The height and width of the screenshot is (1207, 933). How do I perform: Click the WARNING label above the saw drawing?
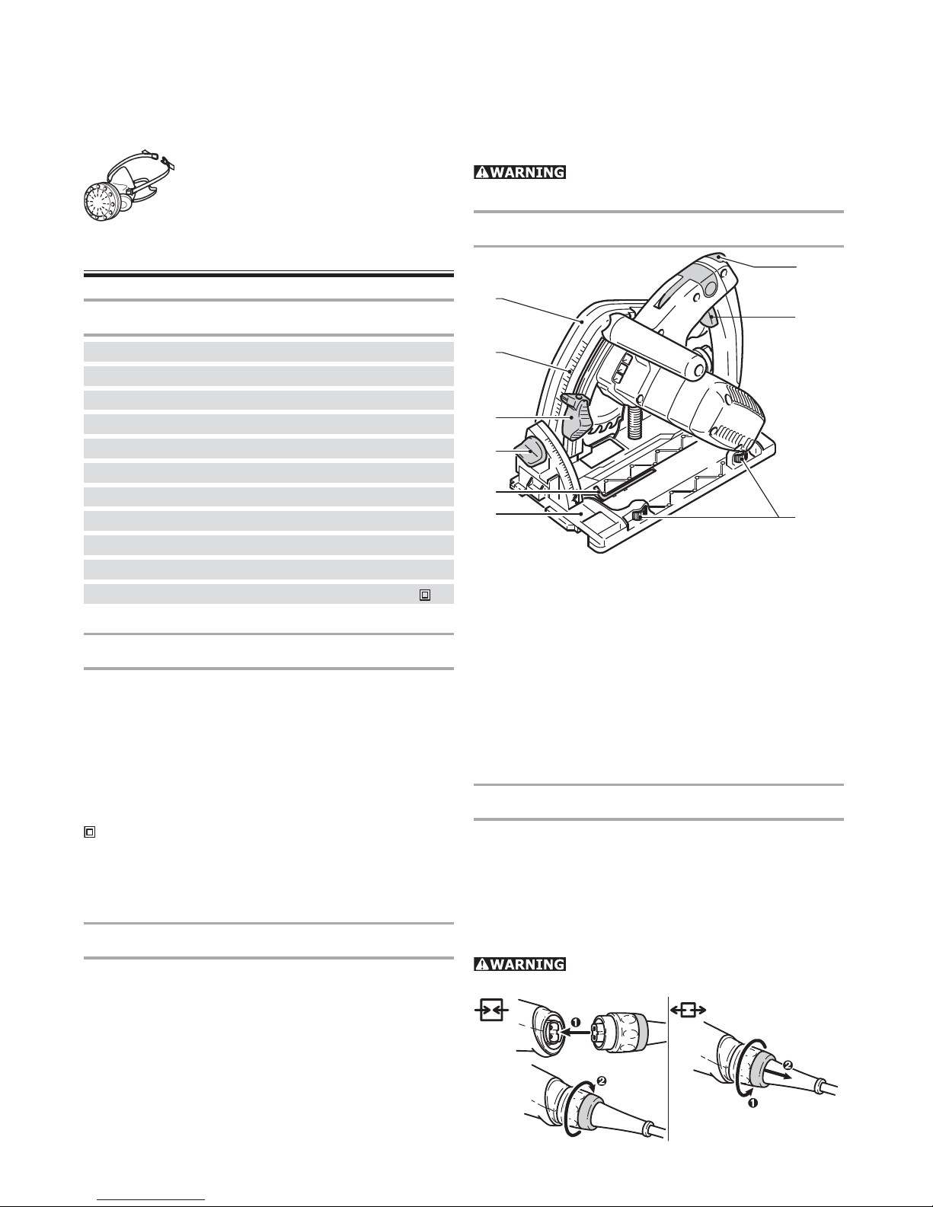click(519, 172)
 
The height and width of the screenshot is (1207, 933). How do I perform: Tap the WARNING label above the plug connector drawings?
click(519, 964)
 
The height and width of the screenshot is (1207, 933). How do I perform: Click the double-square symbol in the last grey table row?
click(426, 594)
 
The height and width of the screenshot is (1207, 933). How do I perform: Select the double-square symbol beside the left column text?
click(89, 833)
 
